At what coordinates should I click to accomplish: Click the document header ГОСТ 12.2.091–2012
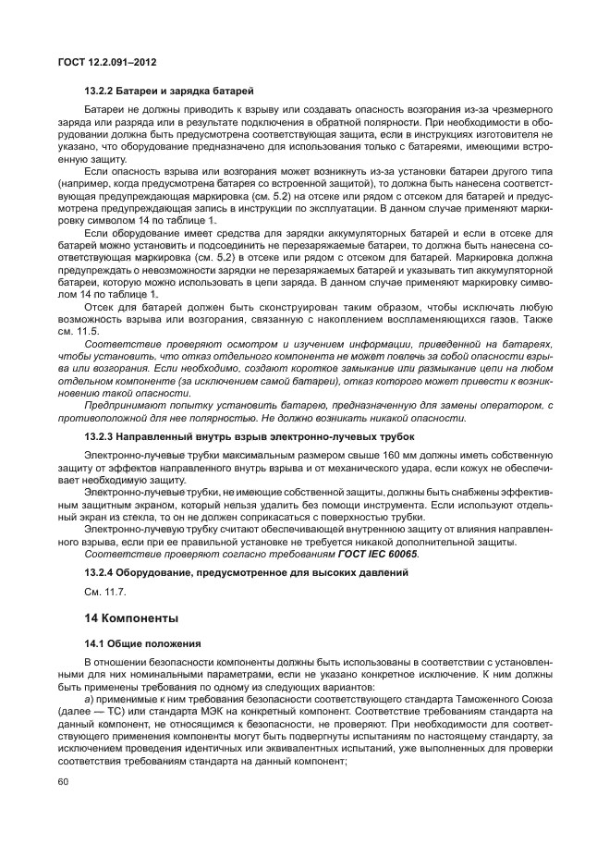(107, 63)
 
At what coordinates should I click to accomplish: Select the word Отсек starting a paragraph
(101, 331)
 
